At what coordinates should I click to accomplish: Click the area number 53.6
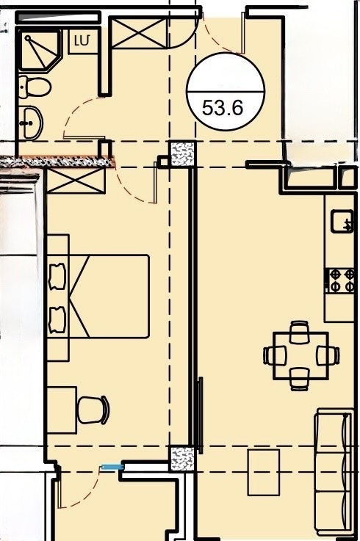tap(223, 108)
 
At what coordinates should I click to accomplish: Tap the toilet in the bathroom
tap(35, 87)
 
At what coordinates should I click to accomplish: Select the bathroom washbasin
tap(31, 123)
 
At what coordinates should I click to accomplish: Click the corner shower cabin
tap(40, 51)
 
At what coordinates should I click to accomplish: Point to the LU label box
tap(82, 40)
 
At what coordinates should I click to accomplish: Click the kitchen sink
tap(342, 221)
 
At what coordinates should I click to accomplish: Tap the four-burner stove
tap(342, 280)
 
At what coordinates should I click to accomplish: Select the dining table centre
tap(300, 355)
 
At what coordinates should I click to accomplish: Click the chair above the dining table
tap(299, 332)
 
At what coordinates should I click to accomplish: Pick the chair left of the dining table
tap(275, 355)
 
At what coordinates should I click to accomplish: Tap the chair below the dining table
tap(300, 379)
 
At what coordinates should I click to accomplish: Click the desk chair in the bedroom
tap(93, 410)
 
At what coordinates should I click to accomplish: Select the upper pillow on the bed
tap(58, 277)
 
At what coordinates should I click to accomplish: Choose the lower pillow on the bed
tap(58, 321)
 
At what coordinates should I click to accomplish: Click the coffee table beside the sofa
tap(263, 472)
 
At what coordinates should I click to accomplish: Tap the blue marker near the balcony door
tap(112, 467)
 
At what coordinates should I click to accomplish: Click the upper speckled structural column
tap(182, 154)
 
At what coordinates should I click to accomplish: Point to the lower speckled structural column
tap(181, 459)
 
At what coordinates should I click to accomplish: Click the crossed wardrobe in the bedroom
tap(76, 181)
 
